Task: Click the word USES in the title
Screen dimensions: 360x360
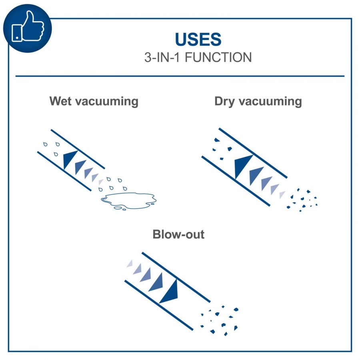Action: [x=198, y=39]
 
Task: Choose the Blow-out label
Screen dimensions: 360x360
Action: [x=178, y=234]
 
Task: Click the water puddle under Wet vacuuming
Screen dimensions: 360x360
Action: [x=128, y=200]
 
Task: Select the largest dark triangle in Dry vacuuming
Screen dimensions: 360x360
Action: [x=243, y=166]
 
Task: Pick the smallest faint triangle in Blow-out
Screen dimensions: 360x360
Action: [x=130, y=263]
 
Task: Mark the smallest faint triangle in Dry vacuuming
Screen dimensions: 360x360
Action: [x=282, y=194]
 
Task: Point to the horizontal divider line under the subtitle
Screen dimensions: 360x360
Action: [x=180, y=76]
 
